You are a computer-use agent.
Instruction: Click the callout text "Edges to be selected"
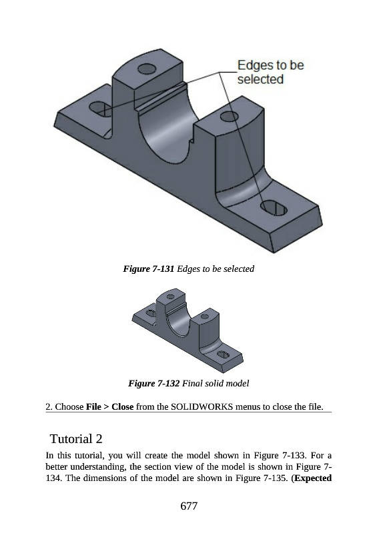pyautogui.click(x=270, y=72)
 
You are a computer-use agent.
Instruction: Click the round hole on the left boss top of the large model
pyautogui.click(x=147, y=69)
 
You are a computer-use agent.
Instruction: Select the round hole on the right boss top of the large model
pyautogui.click(x=229, y=116)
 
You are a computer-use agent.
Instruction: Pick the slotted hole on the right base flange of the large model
pyautogui.click(x=274, y=208)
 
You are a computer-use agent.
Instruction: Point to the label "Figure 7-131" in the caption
pyautogui.click(x=149, y=269)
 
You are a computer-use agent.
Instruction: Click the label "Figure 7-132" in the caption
pyautogui.click(x=154, y=384)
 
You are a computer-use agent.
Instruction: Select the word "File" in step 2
pyautogui.click(x=93, y=406)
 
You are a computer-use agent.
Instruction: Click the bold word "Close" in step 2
pyautogui.click(x=123, y=406)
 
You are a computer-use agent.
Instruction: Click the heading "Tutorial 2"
pyautogui.click(x=76, y=438)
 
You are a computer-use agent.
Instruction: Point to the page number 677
pyautogui.click(x=189, y=506)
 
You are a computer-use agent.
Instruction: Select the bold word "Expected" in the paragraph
pyautogui.click(x=314, y=478)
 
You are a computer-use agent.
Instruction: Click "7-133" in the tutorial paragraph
pyautogui.click(x=294, y=455)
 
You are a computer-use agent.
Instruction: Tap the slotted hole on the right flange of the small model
pyautogui.click(x=223, y=354)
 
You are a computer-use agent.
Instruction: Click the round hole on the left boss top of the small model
pyautogui.click(x=170, y=296)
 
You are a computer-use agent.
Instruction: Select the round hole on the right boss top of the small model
pyautogui.click(x=205, y=316)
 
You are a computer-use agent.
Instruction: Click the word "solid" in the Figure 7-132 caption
pyautogui.click(x=214, y=384)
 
